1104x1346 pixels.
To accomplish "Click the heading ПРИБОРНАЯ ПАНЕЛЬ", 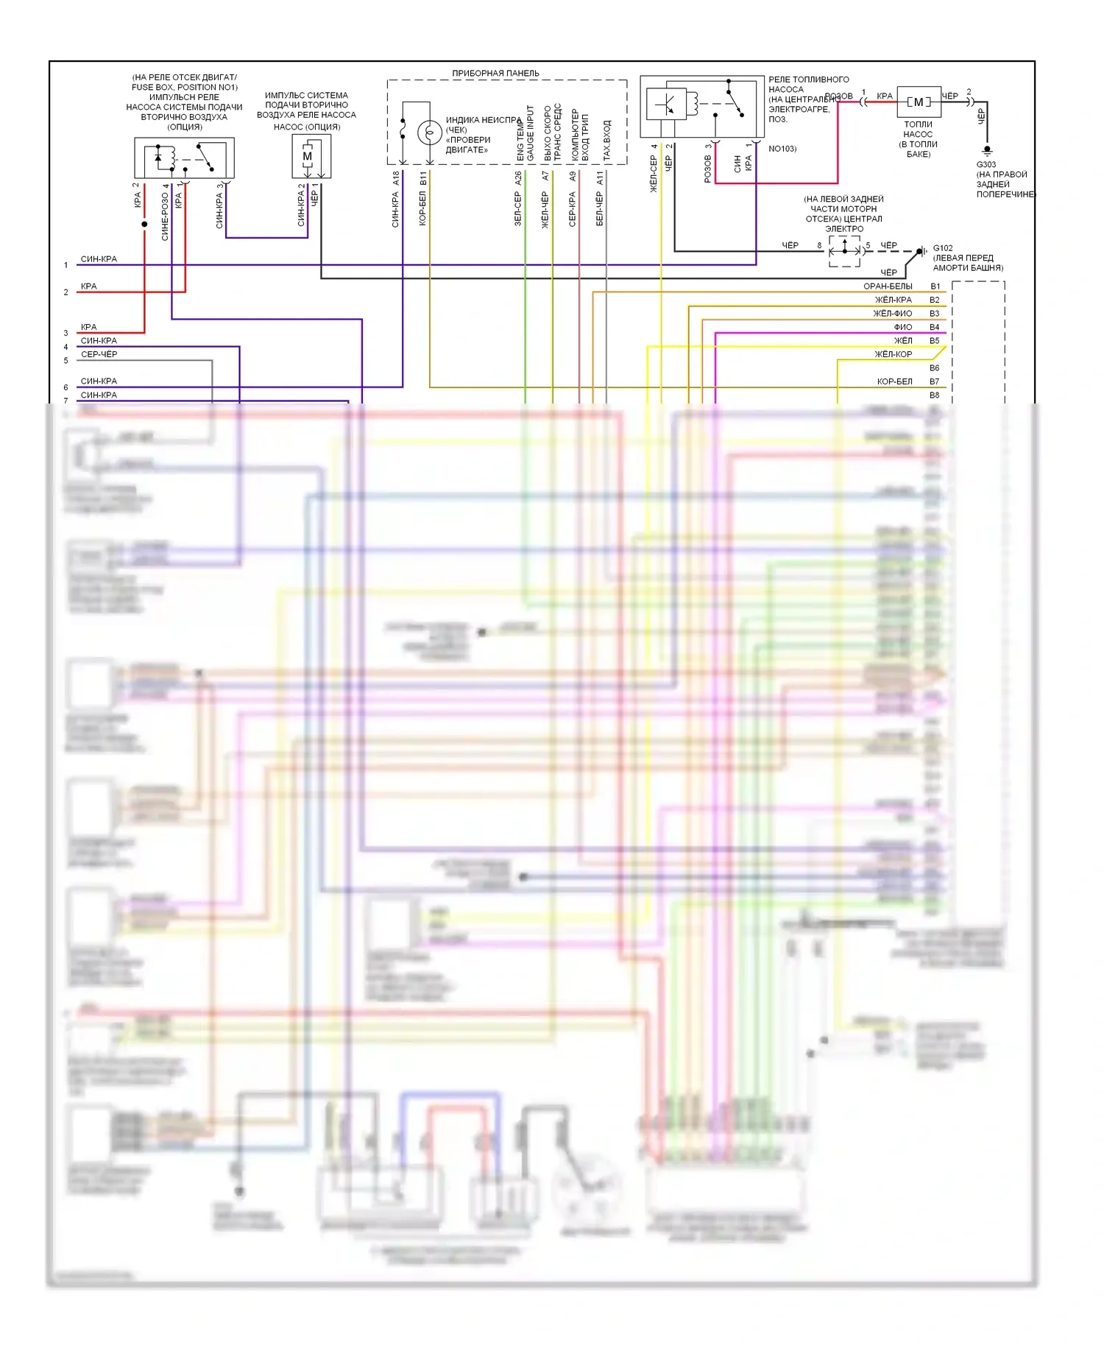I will [495, 73].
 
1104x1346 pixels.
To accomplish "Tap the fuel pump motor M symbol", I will [919, 102].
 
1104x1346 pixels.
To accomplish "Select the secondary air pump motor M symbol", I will [308, 156].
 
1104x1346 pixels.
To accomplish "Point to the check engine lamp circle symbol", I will [429, 133].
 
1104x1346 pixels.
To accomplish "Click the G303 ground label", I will [986, 165].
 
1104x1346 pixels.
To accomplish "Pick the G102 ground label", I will [943, 248].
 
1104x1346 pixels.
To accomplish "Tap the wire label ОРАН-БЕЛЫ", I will [888, 286].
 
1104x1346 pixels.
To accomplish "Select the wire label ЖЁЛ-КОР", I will [893, 354].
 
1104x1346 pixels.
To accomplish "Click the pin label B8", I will [934, 395].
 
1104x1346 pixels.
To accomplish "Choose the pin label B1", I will [935, 286].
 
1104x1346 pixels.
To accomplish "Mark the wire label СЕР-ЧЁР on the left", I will [99, 354].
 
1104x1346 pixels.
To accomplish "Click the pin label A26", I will [518, 177].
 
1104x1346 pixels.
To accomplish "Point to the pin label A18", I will [396, 177].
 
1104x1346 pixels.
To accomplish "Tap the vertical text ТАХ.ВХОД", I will [607, 141].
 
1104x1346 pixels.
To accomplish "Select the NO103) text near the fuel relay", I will [782, 149].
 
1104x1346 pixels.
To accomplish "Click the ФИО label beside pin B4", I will [902, 327].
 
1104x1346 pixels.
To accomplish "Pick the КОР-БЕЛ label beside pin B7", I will [894, 381].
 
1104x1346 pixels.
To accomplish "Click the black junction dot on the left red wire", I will [144, 224].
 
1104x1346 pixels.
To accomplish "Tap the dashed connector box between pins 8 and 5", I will [844, 251].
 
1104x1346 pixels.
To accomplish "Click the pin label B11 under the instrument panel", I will [423, 177].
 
